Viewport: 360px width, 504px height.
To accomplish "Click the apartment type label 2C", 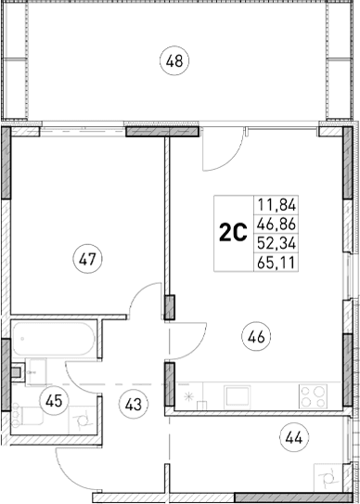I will (x=232, y=234).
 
